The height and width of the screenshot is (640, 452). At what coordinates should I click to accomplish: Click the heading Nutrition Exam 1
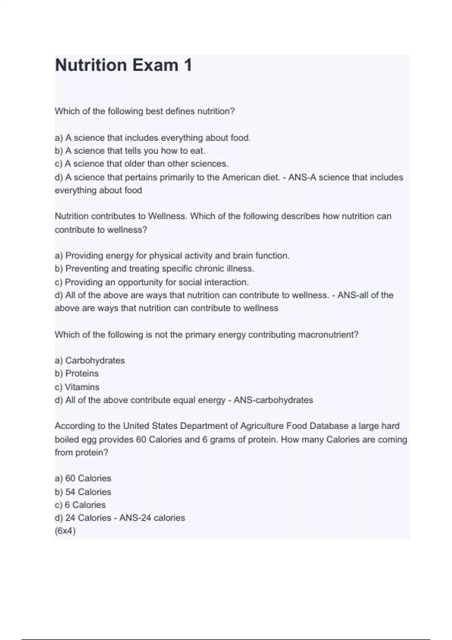[x=123, y=65]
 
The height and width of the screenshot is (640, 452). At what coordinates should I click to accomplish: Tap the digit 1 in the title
[x=187, y=65]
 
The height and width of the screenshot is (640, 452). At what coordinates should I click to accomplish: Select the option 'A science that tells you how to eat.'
[x=130, y=151]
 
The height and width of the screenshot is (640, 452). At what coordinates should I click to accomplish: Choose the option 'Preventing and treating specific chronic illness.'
[x=154, y=269]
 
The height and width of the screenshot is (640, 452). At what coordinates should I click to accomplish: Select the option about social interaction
[x=152, y=282]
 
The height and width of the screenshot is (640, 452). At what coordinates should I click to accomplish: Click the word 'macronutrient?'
[x=328, y=335]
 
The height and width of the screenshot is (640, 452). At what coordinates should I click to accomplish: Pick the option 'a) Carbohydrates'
[x=90, y=361]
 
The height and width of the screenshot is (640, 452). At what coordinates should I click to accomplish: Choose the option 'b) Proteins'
[x=76, y=373]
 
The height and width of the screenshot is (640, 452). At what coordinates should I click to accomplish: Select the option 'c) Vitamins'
[x=77, y=387]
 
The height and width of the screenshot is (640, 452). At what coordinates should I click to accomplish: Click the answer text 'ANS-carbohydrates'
[x=273, y=400]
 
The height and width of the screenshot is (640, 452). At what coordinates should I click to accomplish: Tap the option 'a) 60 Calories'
[x=83, y=478]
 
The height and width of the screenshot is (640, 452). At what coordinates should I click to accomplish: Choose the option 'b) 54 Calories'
[x=83, y=492]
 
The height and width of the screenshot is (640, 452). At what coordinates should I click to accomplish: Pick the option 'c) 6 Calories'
[x=80, y=505]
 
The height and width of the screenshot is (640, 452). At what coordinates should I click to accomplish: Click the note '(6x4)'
[x=65, y=531]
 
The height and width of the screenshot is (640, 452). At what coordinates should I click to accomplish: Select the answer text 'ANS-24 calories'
[x=152, y=518]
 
